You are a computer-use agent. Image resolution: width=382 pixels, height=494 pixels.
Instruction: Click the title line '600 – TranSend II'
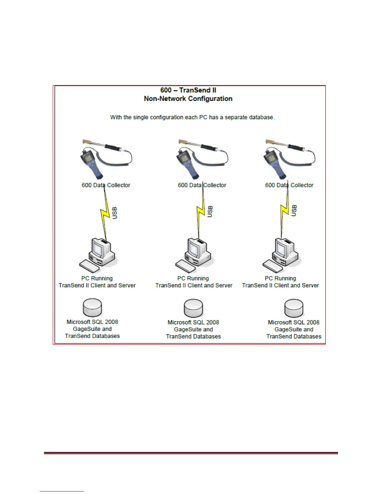point(188,90)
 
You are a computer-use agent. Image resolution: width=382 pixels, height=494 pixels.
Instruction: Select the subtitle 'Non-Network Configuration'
point(188,99)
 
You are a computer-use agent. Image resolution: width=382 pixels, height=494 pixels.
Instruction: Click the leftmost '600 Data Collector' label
point(106,185)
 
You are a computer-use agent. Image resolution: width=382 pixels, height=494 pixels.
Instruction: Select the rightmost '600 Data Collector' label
point(289,185)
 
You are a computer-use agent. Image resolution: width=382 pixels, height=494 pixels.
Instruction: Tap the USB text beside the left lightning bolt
point(115,213)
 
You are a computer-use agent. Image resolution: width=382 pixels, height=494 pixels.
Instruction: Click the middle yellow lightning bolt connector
point(201,212)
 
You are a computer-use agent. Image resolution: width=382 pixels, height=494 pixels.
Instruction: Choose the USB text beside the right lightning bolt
point(294,211)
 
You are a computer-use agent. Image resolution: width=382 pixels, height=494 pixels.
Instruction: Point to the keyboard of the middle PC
point(185,266)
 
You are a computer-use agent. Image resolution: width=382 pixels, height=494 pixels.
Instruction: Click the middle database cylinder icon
point(193,308)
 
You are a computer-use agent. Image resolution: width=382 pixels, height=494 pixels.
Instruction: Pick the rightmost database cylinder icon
point(294,308)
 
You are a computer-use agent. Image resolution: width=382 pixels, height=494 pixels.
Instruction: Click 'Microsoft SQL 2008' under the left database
point(92,322)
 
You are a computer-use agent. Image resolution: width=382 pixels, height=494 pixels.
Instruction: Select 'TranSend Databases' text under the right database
point(294,337)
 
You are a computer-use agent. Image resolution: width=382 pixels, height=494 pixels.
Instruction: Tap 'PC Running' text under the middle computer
point(193,278)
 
